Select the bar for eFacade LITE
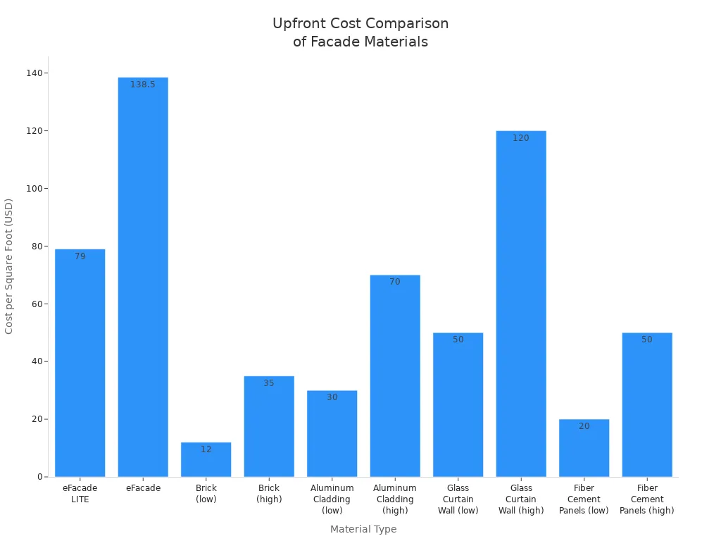click(x=80, y=363)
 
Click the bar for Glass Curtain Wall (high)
click(x=521, y=304)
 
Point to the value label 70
click(x=395, y=282)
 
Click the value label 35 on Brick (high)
click(x=269, y=383)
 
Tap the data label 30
click(x=332, y=397)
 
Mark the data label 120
click(x=521, y=138)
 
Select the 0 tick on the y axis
click(x=41, y=477)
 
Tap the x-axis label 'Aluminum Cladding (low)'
click(x=332, y=499)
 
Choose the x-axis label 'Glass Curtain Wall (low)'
click(x=458, y=499)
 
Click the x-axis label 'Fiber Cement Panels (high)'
click(x=647, y=499)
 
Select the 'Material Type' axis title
click(x=363, y=529)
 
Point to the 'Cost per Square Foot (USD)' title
click(x=9, y=266)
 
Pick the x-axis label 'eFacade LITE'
click(x=80, y=493)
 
